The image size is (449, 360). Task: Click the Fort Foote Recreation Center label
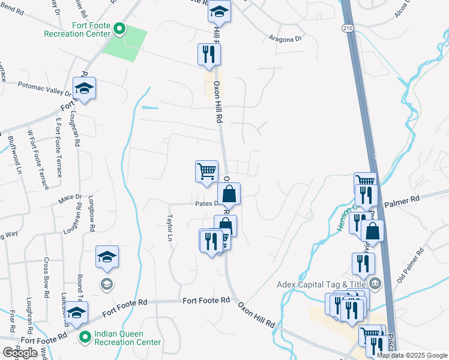tap(77, 30)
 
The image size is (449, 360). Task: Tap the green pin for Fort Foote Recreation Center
tap(119, 28)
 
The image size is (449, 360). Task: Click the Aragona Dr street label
tap(285, 39)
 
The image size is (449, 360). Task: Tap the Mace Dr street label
tap(70, 197)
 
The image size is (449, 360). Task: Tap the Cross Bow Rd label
tap(46, 278)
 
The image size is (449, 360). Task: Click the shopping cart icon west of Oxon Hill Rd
tap(206, 171)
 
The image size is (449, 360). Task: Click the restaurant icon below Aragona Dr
tap(209, 54)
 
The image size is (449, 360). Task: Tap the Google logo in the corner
tap(20, 352)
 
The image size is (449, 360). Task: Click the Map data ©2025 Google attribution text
tap(412, 355)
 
